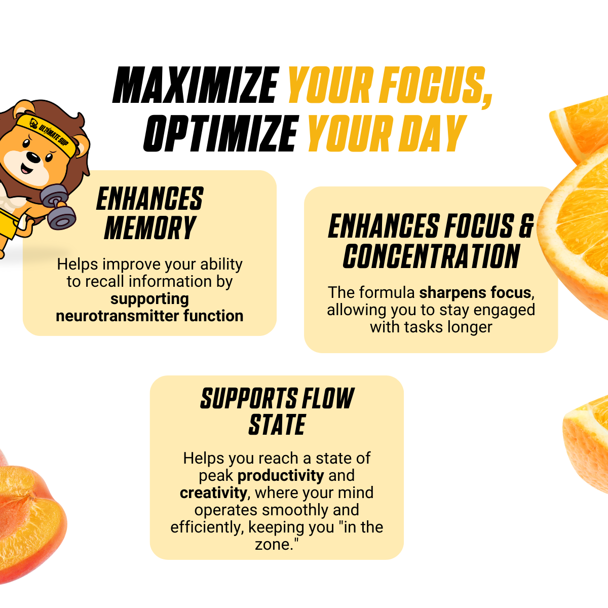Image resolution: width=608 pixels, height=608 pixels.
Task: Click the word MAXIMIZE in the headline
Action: pyautogui.click(x=196, y=85)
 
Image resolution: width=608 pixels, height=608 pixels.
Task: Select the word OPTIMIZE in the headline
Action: pyautogui.click(x=221, y=133)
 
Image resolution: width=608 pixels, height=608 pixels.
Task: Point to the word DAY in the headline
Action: pyautogui.click(x=432, y=133)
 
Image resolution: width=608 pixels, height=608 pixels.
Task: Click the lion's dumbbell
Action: pyautogui.click(x=58, y=206)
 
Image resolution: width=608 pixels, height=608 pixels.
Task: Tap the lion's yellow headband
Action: pyautogui.click(x=47, y=133)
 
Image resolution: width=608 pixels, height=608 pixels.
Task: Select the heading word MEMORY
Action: pyautogui.click(x=150, y=228)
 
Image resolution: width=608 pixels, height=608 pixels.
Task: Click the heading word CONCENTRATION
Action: pyautogui.click(x=431, y=256)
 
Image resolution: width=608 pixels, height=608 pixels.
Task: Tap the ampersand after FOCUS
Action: pyautogui.click(x=526, y=226)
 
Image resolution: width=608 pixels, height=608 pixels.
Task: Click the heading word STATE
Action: pyautogui.click(x=277, y=425)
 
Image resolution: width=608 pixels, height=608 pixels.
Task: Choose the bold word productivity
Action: pyautogui.click(x=281, y=476)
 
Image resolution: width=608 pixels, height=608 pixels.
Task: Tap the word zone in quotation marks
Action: pyautogui.click(x=272, y=545)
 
